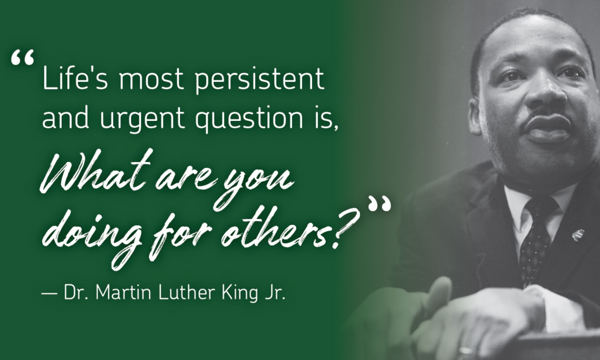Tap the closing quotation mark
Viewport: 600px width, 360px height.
(379, 204)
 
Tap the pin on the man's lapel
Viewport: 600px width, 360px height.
(577, 234)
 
